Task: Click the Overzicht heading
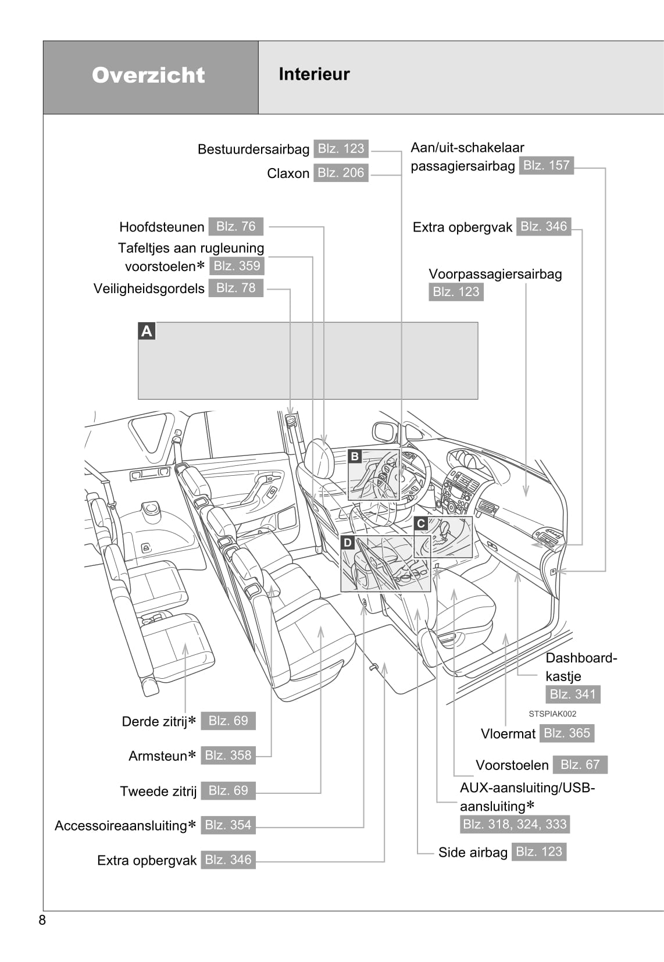click(148, 75)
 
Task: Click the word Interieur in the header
click(314, 74)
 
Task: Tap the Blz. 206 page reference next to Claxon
click(341, 173)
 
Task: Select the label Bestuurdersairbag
click(253, 149)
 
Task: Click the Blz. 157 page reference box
click(546, 165)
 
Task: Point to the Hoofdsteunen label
click(162, 227)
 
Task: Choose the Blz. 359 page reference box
click(237, 266)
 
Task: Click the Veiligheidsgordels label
click(149, 288)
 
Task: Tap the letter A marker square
click(147, 331)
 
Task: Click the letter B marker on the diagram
click(355, 457)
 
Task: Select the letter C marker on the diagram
click(421, 523)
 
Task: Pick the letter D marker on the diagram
click(348, 543)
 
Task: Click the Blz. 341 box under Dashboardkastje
click(572, 694)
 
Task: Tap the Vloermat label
click(508, 734)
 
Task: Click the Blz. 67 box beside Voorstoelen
click(580, 764)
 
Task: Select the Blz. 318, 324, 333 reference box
click(515, 824)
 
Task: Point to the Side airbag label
click(473, 853)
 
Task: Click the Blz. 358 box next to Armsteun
click(228, 756)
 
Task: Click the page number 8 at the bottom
click(42, 920)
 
